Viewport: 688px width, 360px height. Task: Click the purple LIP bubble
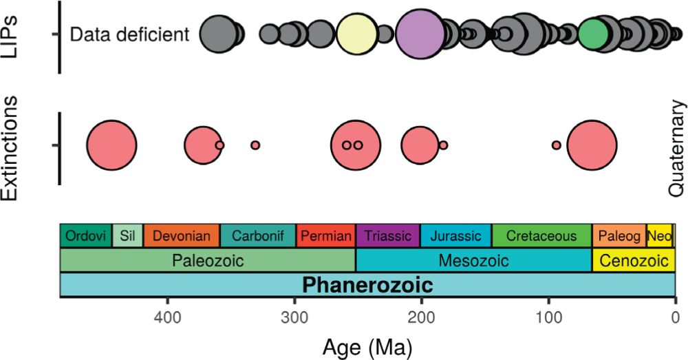point(421,33)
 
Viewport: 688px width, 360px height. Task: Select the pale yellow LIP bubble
point(356,33)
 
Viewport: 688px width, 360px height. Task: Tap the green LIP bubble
point(593,33)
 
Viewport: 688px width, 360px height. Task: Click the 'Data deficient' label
point(130,34)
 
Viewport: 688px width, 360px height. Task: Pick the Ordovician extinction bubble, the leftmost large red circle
point(111,145)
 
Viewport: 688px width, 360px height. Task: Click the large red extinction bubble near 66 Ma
point(592,145)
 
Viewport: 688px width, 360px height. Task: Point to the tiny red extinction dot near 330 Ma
point(255,145)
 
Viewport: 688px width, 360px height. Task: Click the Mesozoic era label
point(474,261)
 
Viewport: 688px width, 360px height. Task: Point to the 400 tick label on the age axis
point(167,317)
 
